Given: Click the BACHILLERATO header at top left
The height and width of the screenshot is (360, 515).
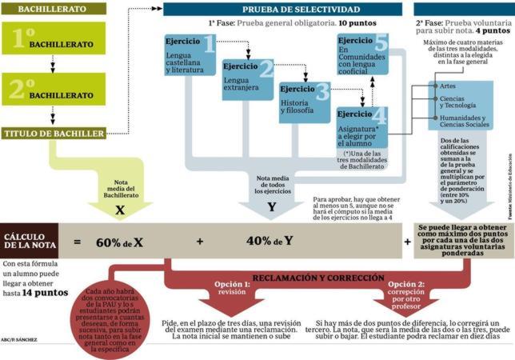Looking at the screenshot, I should pos(39,9).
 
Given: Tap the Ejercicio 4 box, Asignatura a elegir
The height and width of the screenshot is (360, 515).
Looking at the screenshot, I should pos(361,127).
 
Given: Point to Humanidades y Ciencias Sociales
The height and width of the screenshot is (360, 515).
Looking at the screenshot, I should pos(465,122).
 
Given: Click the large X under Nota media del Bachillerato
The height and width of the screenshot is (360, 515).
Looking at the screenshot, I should pos(121,206).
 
